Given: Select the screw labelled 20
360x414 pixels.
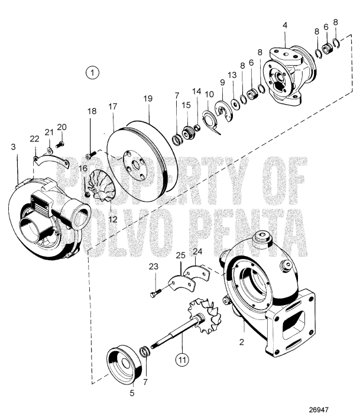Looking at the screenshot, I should [60, 144].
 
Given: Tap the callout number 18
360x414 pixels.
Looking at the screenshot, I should [92, 111].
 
